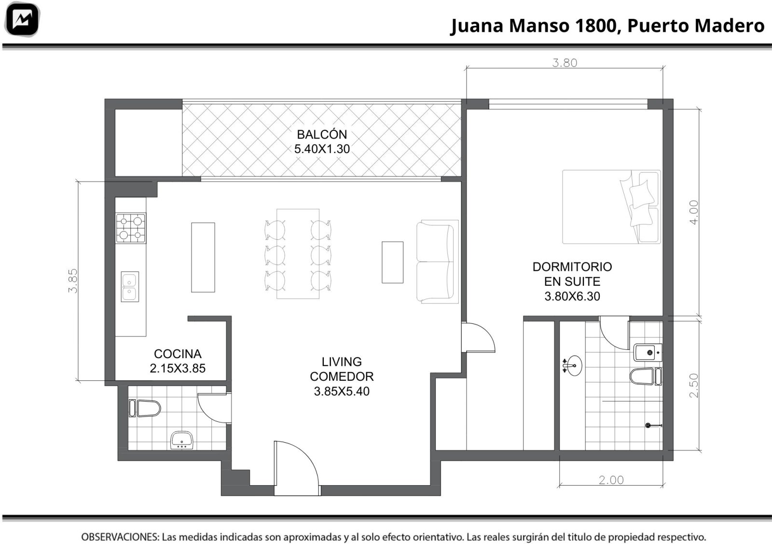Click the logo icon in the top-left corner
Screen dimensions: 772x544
(22, 19)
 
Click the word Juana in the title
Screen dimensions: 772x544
(477, 26)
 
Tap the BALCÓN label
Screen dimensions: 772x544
(322, 134)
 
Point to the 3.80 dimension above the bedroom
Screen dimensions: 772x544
(565, 63)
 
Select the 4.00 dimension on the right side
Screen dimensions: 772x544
(693, 212)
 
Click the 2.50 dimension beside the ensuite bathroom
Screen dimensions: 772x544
(693, 385)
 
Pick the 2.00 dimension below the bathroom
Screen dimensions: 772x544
(611, 480)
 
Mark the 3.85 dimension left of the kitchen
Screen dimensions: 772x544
(73, 281)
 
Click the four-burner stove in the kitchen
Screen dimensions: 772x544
(131, 228)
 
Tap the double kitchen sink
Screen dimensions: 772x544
(130, 287)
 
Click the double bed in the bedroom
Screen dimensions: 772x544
(611, 207)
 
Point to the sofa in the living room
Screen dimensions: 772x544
(437, 262)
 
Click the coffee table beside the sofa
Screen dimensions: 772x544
(393, 263)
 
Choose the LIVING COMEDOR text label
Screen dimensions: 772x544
(342, 369)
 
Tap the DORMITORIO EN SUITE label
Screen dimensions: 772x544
(572, 274)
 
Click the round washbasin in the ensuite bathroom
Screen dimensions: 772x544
(572, 365)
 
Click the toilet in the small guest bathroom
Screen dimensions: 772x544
(145, 408)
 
